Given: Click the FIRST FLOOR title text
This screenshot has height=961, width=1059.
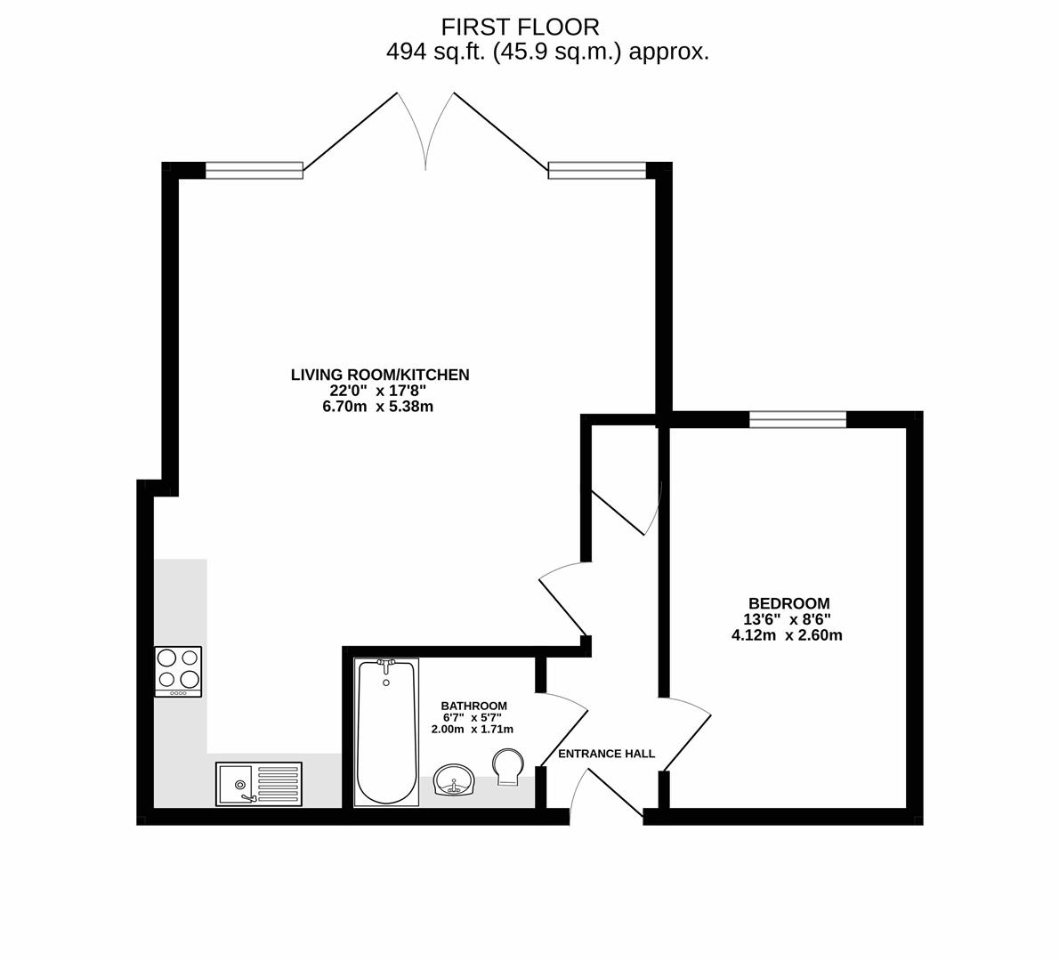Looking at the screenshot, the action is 520,27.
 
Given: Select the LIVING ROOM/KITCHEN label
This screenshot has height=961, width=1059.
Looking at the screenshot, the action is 380,375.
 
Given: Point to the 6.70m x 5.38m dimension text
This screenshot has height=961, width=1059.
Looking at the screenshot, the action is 378,407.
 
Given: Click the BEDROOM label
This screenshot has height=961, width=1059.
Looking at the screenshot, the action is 789,603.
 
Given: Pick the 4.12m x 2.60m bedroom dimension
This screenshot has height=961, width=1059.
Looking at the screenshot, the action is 788,635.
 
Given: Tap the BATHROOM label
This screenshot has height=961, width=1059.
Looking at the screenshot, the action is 474,706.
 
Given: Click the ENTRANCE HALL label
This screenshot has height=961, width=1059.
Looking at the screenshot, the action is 607,754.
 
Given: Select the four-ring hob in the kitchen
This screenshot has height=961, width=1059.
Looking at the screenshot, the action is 178,671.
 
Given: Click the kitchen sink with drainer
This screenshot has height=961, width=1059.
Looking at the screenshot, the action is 259,783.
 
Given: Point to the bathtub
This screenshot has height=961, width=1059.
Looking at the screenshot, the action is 385,732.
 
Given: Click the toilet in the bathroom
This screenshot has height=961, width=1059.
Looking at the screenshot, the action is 507,767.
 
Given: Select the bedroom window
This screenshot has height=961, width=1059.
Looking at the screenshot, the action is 797,419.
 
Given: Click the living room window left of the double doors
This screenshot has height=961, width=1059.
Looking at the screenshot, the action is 254,170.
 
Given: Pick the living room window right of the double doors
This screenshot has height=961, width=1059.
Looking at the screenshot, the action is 598,170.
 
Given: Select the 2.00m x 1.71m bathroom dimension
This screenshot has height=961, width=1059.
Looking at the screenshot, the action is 473,730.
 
